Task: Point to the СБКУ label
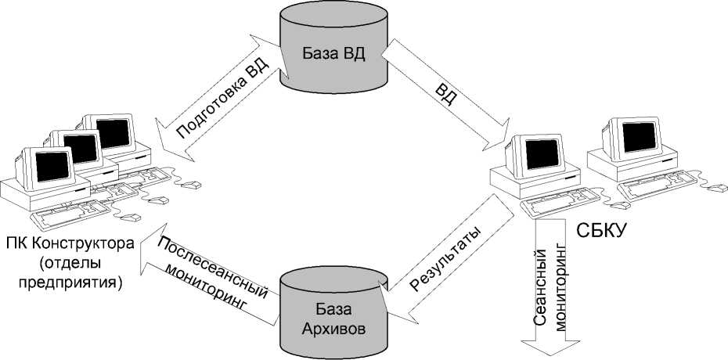[604, 232]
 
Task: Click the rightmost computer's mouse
[716, 188]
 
